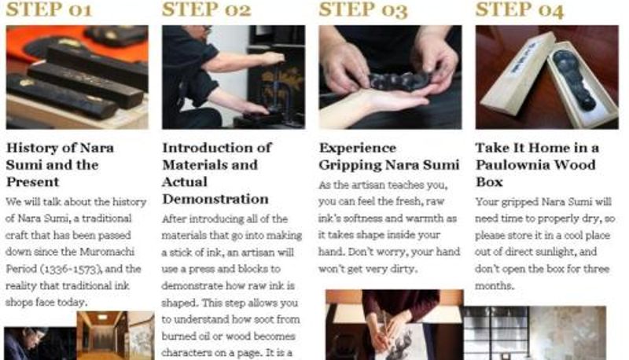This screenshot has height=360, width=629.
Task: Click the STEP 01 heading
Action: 50,9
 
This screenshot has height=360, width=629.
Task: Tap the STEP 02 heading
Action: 206,9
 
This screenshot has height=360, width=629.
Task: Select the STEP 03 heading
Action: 363,10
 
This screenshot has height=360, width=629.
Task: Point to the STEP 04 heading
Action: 520,10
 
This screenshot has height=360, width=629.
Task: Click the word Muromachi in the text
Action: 107,252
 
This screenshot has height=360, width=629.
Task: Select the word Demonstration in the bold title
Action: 215,199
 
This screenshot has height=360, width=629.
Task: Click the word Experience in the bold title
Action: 358,149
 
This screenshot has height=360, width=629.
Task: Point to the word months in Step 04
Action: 495,286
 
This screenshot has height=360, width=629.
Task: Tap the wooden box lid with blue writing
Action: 517,73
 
